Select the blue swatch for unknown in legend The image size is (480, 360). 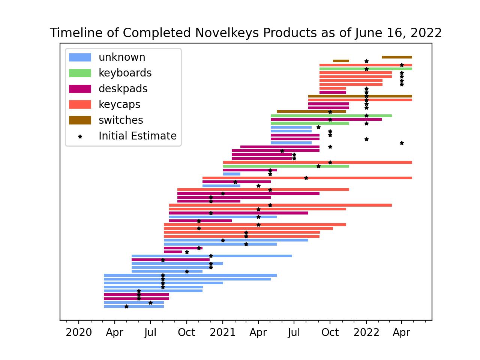[80, 57]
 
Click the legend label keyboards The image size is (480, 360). [125, 73]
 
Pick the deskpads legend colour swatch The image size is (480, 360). [80, 89]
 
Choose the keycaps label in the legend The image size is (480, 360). [119, 105]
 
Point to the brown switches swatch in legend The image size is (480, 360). [80, 120]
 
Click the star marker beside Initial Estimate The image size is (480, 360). [80, 136]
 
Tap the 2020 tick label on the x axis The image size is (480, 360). [79, 333]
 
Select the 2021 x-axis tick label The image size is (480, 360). [222, 333]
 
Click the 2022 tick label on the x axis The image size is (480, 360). [366, 333]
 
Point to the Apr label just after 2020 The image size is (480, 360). [114, 333]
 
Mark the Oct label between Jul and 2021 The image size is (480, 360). [186, 333]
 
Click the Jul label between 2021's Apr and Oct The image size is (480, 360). [294, 333]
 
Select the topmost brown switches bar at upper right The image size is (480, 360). [397, 57]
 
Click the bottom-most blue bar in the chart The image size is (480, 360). [133, 306]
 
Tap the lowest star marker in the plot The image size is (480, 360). [126, 306]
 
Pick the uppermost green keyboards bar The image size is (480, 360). [366, 69]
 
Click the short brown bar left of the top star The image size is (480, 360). [341, 61]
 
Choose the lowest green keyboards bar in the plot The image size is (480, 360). [286, 166]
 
